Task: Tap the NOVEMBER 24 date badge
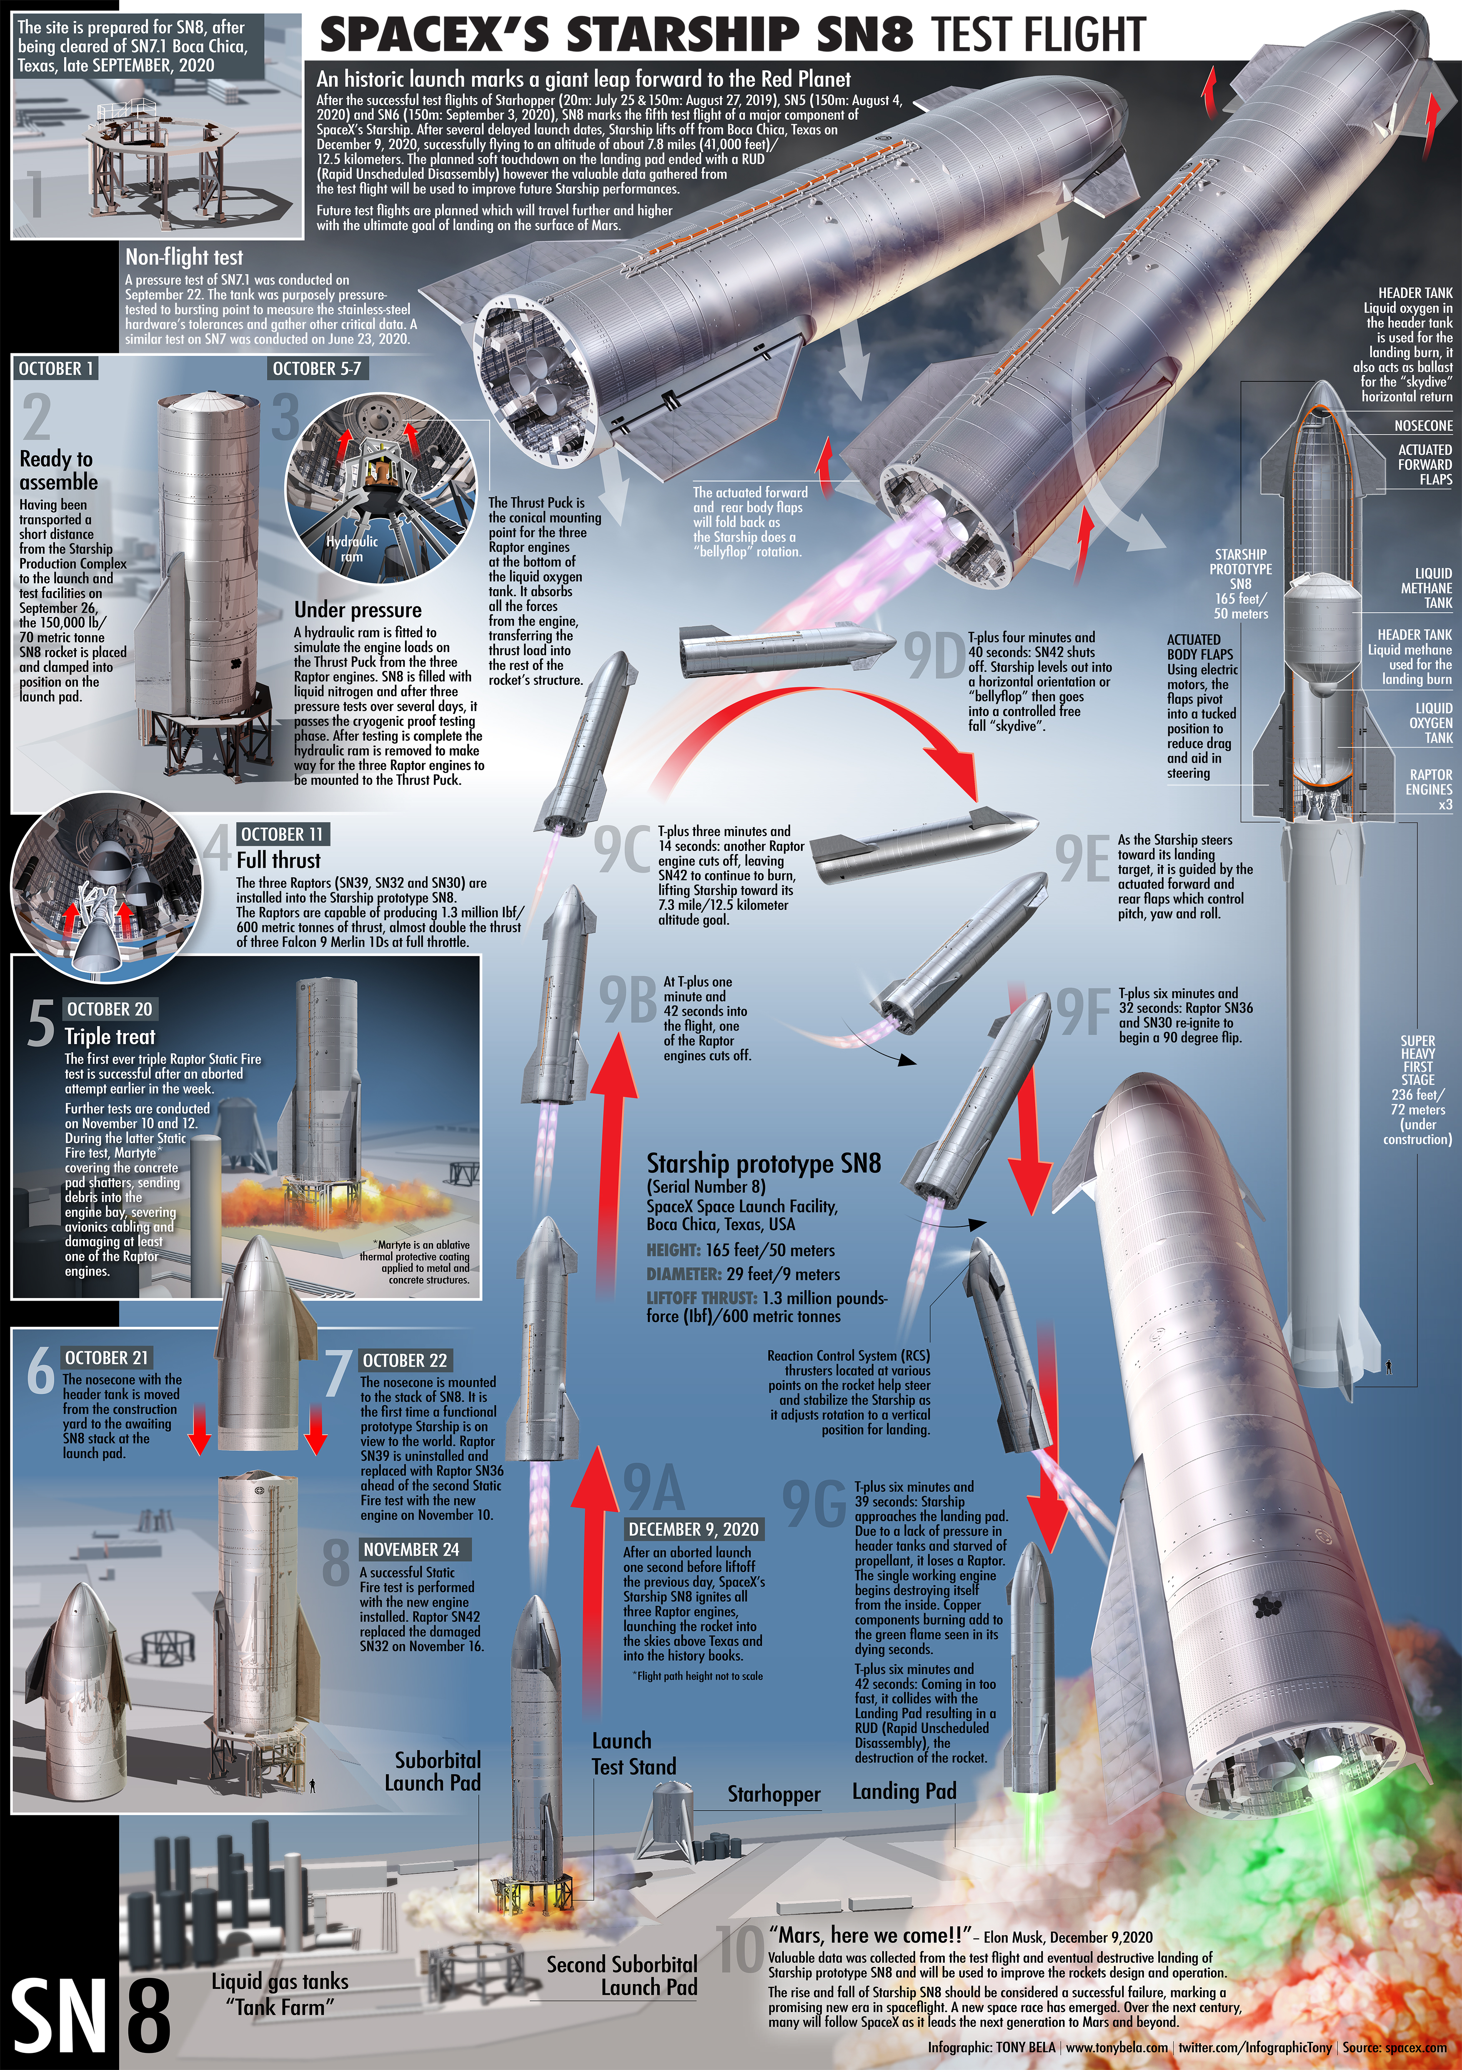[x=411, y=1549]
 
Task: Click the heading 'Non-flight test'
[x=184, y=257]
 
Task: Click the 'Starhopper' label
[x=774, y=1794]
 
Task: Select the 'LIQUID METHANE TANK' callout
[x=1426, y=588]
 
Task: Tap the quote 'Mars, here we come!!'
[x=869, y=1935]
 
